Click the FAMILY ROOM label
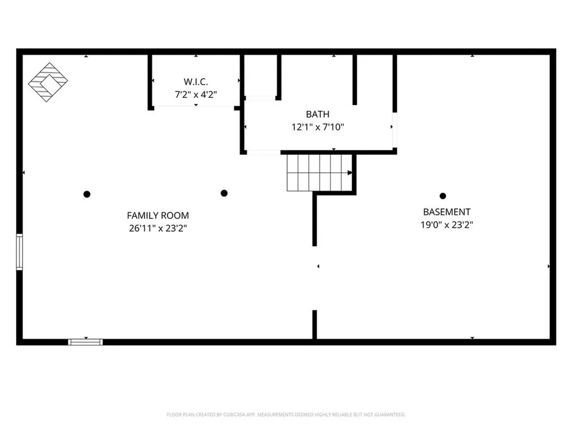point(158,216)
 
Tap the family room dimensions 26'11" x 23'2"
point(158,228)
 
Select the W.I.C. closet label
point(196,82)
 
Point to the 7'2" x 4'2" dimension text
point(196,94)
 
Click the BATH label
point(317,114)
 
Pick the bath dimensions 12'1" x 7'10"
point(318,127)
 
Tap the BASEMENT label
point(446,212)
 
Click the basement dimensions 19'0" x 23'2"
point(446,225)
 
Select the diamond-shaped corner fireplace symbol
point(48,82)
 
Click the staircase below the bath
point(319,173)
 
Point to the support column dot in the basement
point(443,196)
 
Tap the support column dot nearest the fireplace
point(87,194)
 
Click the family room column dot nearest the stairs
point(225,193)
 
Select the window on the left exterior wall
point(20,252)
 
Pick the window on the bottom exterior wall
point(85,342)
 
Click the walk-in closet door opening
point(194,107)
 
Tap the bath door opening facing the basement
point(394,130)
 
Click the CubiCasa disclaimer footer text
point(286,414)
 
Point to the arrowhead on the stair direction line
point(350,173)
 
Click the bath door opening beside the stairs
point(264,152)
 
